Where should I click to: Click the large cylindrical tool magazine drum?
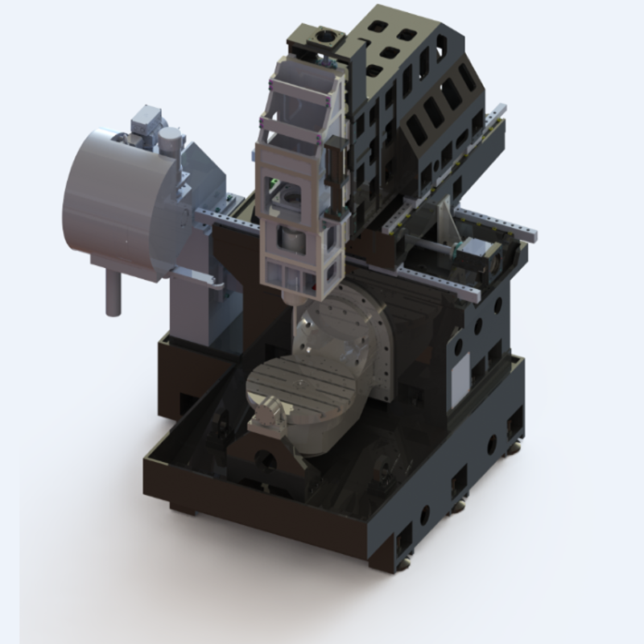[113, 201]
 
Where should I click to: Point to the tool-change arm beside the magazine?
[197, 277]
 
